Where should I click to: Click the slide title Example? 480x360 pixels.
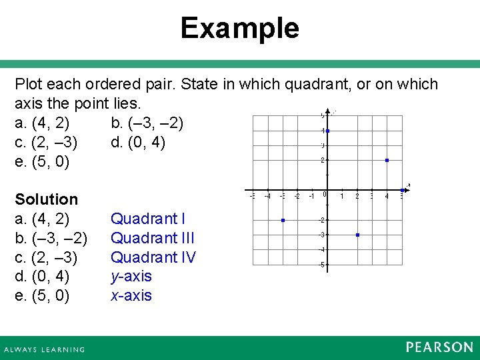point(239,29)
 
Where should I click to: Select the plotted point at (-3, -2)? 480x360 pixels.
point(283,220)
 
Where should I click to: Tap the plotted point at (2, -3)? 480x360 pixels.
point(358,235)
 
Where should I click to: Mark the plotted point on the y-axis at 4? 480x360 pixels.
point(328,131)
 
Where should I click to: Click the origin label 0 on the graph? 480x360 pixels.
point(324,195)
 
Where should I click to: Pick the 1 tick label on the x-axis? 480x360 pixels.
point(342,196)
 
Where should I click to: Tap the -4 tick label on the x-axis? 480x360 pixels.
point(267,196)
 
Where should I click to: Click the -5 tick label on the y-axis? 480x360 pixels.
point(321,265)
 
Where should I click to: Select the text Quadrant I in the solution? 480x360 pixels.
point(148,219)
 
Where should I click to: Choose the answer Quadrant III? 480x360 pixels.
point(153,238)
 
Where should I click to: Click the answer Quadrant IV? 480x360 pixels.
point(153,257)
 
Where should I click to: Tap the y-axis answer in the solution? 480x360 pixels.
point(131,277)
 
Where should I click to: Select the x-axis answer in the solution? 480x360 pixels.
point(131,296)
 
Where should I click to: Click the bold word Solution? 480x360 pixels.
point(46,199)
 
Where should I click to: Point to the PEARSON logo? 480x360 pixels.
point(439,347)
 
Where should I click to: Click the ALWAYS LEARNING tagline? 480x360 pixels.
point(45,349)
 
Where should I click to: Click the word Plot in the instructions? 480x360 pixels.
point(29,85)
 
